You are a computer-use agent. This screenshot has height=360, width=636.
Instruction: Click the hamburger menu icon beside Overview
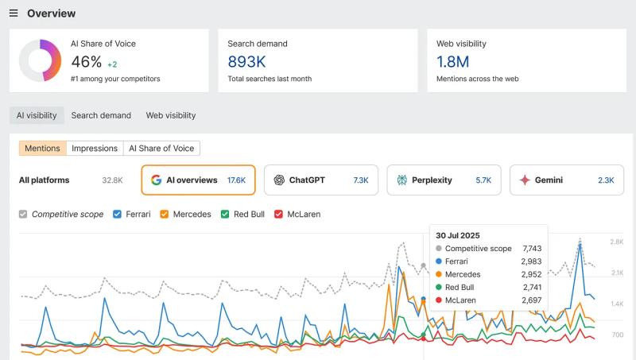click(14, 14)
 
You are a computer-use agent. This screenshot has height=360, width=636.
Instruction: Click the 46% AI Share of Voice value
click(87, 62)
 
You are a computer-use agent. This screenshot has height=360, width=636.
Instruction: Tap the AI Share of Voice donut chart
click(41, 60)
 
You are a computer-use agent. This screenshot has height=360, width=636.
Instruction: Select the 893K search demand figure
click(246, 62)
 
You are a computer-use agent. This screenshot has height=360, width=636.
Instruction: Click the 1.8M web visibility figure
click(453, 62)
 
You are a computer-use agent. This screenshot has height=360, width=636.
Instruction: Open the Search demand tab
click(101, 115)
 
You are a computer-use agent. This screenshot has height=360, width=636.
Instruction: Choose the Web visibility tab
click(170, 115)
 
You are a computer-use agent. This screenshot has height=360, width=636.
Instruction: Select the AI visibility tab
click(37, 115)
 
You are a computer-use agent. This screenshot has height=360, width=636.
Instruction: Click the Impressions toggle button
click(95, 148)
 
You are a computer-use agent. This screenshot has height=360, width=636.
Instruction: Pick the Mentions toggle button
click(42, 148)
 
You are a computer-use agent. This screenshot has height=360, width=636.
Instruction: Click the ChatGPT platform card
click(321, 180)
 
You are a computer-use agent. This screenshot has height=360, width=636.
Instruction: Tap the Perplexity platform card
click(444, 180)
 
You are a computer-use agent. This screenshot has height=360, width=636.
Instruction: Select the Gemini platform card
click(566, 180)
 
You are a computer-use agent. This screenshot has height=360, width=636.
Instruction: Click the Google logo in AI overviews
click(157, 180)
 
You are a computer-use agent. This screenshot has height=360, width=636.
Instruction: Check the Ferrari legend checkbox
click(118, 215)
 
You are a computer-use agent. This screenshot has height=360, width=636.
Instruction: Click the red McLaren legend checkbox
click(278, 215)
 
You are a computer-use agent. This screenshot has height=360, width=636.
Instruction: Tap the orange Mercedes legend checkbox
click(165, 215)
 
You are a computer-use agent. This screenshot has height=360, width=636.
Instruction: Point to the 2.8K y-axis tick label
click(616, 242)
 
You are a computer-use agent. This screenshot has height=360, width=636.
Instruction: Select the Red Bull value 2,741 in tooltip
click(532, 287)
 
